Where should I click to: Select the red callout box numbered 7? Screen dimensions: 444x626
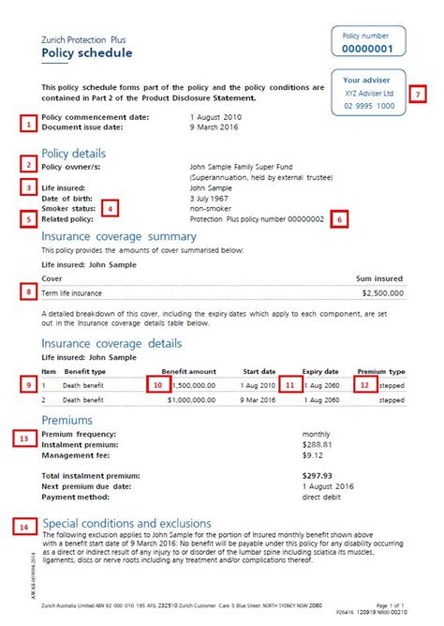[x=418, y=94]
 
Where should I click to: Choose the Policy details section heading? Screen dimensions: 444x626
[x=74, y=153]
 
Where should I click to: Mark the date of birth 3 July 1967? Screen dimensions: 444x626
[x=211, y=197]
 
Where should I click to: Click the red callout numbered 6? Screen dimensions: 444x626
[x=339, y=219]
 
